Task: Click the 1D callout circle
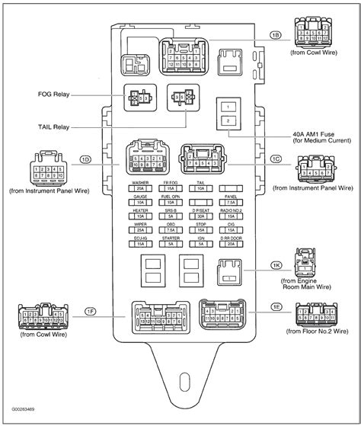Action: pyautogui.click(x=86, y=159)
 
